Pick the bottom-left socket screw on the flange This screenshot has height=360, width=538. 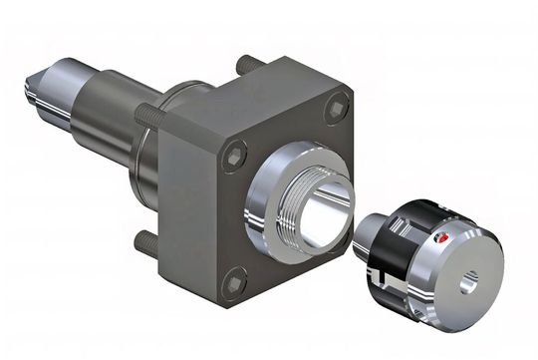click(234, 284)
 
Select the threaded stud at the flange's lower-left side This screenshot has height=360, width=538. click(147, 239)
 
